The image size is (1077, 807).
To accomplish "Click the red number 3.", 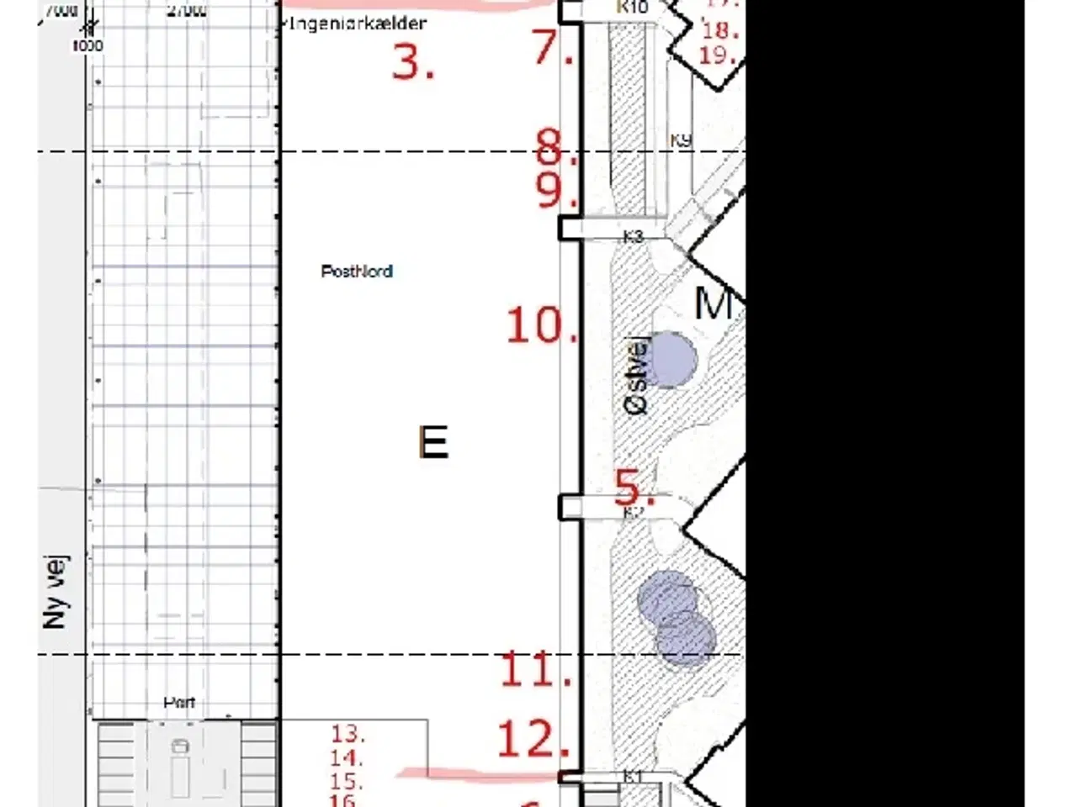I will pyautogui.click(x=413, y=61).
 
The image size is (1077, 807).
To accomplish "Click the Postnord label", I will pyautogui.click(x=357, y=272).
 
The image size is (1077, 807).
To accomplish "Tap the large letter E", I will pyautogui.click(x=433, y=442).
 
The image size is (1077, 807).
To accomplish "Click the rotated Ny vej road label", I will pyautogui.click(x=56, y=592).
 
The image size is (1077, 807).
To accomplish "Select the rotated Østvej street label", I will pyautogui.click(x=637, y=376).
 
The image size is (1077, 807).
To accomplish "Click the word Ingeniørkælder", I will pyautogui.click(x=357, y=24).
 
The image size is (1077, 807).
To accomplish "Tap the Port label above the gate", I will pyautogui.click(x=179, y=702).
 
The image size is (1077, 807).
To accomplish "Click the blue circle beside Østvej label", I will pyautogui.click(x=672, y=359).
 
